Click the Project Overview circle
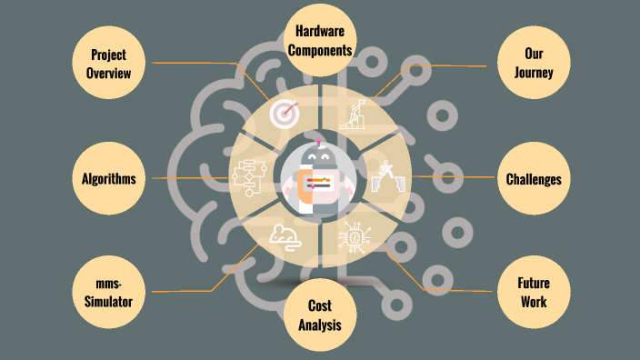[108, 63]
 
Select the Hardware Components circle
[320, 40]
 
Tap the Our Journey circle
[534, 63]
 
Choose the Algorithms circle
[108, 178]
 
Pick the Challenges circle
[534, 178]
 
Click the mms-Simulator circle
[108, 292]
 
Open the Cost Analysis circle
[320, 315]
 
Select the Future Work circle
[534, 292]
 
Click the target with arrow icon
[285, 113]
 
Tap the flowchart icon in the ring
[249, 178]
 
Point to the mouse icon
[285, 237]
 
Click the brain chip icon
[355, 237]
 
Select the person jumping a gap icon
[388, 176]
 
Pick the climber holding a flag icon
[354, 115]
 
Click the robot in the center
[319, 177]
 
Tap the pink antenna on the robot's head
[319, 142]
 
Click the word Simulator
[108, 302]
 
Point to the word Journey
[534, 73]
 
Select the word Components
[320, 50]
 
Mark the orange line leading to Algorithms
[190, 178]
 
